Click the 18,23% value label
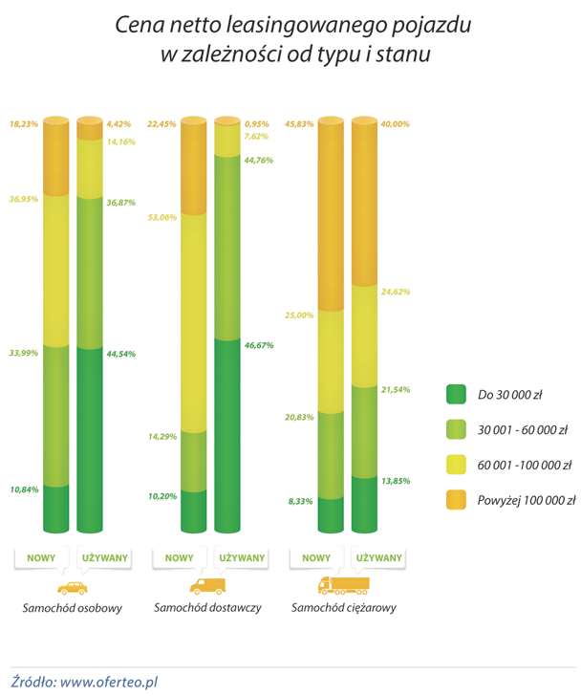(24, 123)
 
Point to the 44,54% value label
(121, 354)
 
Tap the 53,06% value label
(163, 217)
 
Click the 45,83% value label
(300, 123)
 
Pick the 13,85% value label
(395, 481)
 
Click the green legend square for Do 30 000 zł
(455, 394)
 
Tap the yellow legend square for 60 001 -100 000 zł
(455, 465)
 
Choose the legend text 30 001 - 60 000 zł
(523, 429)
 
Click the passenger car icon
(72, 588)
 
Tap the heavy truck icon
(343, 585)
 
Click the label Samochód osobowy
(72, 609)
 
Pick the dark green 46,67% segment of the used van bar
(228, 435)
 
